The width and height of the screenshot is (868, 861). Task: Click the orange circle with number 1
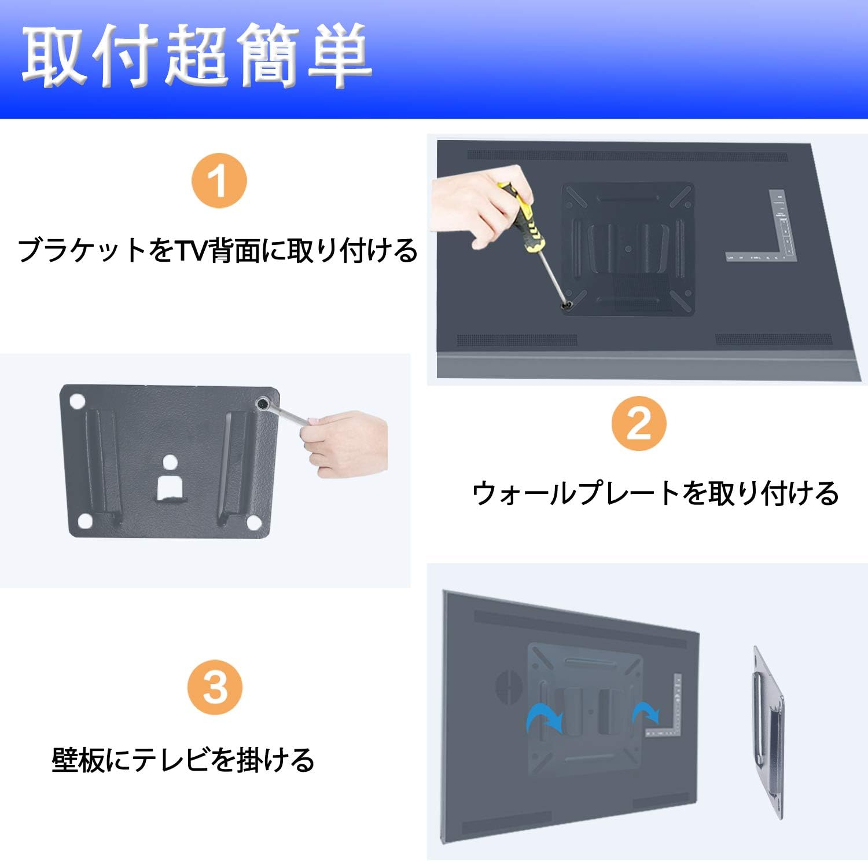pos(219,181)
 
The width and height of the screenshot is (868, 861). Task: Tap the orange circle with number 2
pos(639,424)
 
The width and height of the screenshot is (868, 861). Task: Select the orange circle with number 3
pos(215,688)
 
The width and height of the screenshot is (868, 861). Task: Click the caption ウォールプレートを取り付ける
pos(655,494)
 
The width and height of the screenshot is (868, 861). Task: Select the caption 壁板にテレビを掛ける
pos(183,760)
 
